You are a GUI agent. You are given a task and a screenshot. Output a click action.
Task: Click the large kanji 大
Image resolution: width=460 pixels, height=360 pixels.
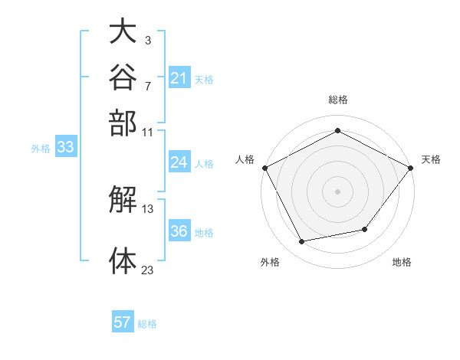[x=123, y=31]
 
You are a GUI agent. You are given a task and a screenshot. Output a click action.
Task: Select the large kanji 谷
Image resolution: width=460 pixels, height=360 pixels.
[x=123, y=77]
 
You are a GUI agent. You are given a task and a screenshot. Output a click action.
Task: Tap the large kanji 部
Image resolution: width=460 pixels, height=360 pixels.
[x=123, y=123]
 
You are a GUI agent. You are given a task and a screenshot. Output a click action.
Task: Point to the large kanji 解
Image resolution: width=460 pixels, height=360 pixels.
[x=123, y=199]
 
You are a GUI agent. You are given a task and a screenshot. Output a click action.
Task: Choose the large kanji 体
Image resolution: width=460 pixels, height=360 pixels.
[x=123, y=260]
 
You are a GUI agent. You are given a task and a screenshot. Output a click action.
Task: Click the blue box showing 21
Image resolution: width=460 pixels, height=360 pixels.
[x=179, y=77]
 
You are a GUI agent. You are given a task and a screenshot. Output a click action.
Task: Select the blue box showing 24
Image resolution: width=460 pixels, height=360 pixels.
[x=179, y=162]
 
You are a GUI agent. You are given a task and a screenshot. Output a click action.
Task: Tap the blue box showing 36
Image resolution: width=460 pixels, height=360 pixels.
[x=179, y=230]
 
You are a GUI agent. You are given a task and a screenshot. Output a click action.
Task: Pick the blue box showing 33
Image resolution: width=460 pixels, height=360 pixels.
[x=66, y=146]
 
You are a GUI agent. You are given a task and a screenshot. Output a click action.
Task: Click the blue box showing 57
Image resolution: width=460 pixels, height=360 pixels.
[x=123, y=321]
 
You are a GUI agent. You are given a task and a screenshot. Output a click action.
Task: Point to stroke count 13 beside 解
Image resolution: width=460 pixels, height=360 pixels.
[x=147, y=209]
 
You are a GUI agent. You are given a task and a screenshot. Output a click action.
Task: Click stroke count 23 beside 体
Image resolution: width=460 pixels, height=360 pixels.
[x=147, y=270]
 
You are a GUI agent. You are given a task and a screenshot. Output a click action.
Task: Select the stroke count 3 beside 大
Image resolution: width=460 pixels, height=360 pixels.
[x=148, y=41]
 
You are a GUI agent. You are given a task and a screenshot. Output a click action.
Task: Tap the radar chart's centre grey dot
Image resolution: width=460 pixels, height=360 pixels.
[x=337, y=191]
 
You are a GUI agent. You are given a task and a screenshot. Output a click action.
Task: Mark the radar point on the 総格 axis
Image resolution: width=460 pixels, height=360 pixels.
[x=337, y=130]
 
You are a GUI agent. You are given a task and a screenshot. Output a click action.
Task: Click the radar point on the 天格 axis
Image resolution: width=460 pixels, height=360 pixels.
[x=410, y=168]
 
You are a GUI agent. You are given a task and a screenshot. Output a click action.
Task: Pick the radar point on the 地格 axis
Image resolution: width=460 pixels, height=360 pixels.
[x=365, y=229]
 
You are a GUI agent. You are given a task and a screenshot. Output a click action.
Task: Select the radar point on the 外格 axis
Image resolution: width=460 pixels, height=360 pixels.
[x=301, y=241]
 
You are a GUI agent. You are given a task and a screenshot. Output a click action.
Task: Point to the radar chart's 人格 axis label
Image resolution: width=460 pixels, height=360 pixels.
[x=245, y=159]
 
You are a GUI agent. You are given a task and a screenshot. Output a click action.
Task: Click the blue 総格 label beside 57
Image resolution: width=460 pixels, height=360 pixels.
[x=147, y=324]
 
